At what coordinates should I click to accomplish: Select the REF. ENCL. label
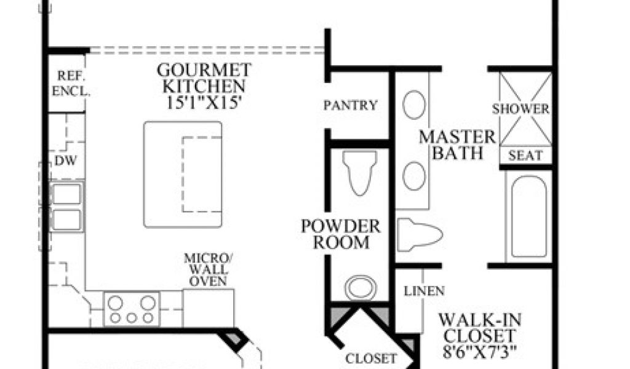point(71,83)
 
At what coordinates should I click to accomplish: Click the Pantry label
point(351,105)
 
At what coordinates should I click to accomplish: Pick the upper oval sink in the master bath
point(414,105)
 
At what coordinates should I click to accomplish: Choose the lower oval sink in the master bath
point(414,176)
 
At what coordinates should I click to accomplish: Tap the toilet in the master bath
point(418,234)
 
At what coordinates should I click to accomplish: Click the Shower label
point(520,109)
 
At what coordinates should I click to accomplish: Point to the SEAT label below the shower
point(525,156)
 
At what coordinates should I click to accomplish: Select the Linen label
point(425,290)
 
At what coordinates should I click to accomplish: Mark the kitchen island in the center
point(183,173)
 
